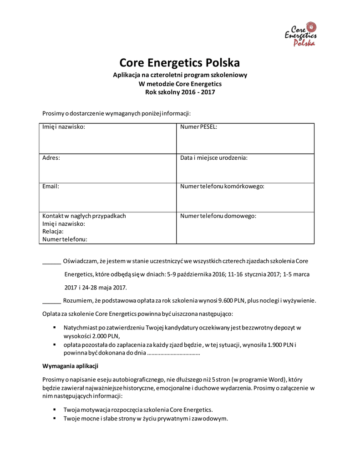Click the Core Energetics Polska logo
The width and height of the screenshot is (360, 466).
[301, 34]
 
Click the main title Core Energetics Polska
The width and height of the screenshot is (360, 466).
[180, 62]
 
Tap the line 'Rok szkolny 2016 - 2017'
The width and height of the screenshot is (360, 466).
[180, 92]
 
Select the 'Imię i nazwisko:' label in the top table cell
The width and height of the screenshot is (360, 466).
[64, 127]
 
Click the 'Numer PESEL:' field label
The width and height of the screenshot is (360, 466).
[198, 127]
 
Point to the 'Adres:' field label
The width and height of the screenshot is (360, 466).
[51, 157]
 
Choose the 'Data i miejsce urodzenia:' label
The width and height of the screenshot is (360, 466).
[213, 157]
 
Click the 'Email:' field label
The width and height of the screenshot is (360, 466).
[51, 186]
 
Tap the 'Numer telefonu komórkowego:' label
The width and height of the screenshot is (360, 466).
[222, 186]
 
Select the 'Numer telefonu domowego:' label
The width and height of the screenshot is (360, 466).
[218, 216]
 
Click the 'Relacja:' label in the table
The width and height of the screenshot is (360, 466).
[53, 231]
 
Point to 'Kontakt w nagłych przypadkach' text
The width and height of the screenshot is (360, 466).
[84, 216]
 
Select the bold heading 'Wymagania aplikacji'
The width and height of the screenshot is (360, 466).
[71, 366]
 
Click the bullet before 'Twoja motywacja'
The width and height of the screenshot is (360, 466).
[55, 409]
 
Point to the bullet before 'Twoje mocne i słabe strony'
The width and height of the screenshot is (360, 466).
[55, 418]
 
